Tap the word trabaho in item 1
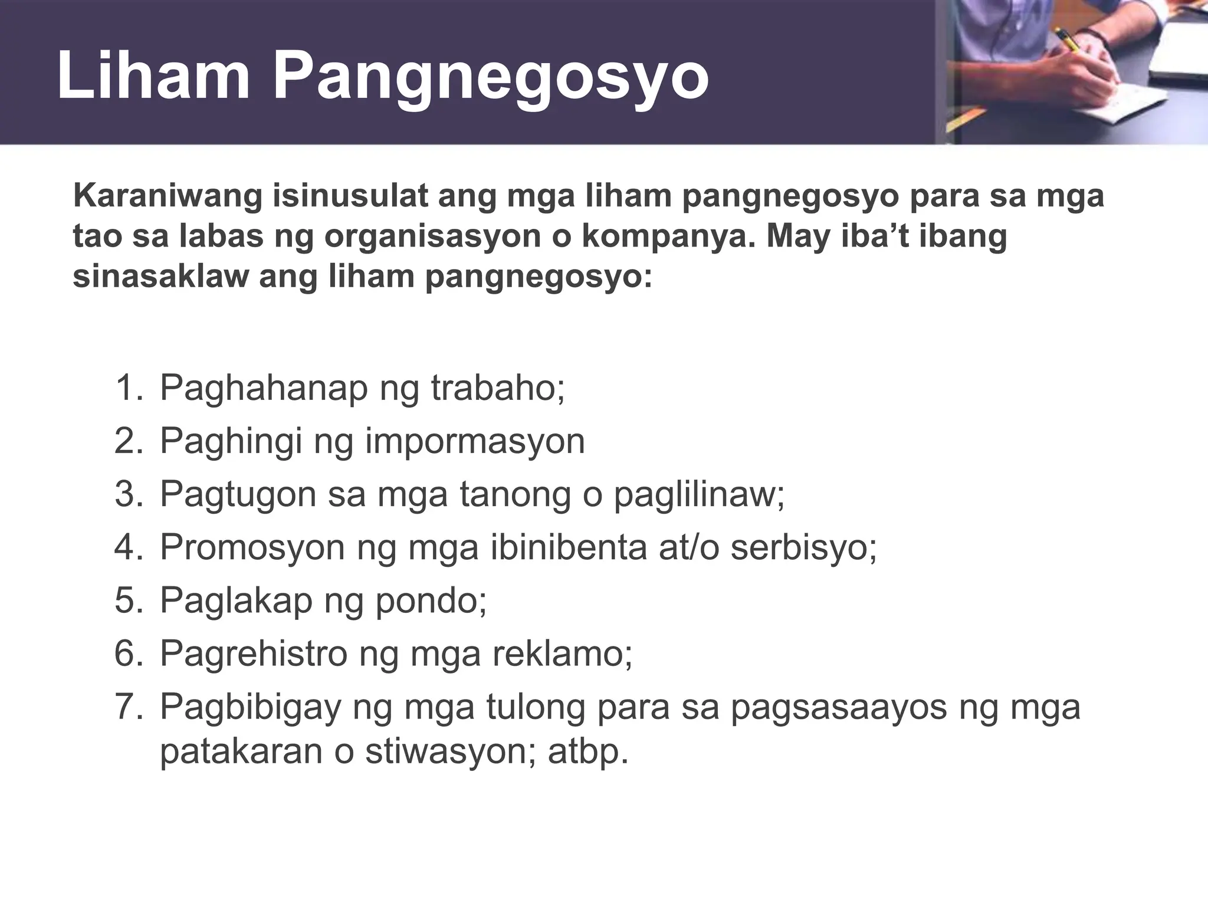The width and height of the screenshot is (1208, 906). tap(497, 388)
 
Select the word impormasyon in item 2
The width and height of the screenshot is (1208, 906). tap(475, 441)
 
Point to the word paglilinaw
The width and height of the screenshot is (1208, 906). tap(699, 494)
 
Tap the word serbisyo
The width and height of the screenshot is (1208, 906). tap(803, 547)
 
